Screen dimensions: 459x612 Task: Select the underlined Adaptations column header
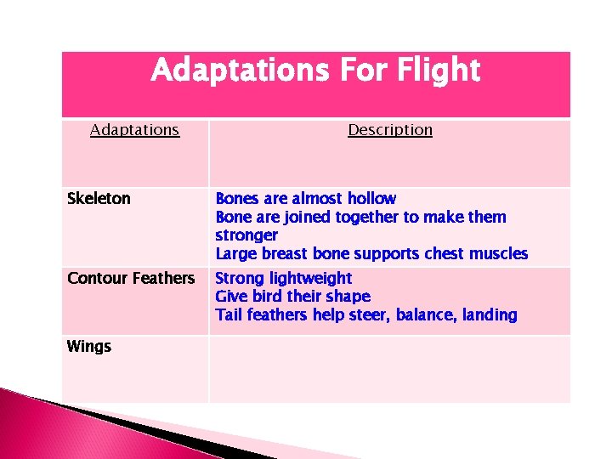pyautogui.click(x=135, y=130)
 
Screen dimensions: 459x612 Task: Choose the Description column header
pyautogui.click(x=390, y=130)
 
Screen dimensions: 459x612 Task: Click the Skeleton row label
pyautogui.click(x=99, y=199)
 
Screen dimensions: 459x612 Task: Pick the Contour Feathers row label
pyautogui.click(x=131, y=278)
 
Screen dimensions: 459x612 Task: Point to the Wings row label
pyautogui.click(x=89, y=346)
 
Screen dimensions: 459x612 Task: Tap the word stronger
pyautogui.click(x=246, y=235)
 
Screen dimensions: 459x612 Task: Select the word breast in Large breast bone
pyautogui.click(x=286, y=254)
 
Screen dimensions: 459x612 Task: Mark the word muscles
pyautogui.click(x=498, y=254)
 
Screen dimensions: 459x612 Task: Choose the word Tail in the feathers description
pyautogui.click(x=229, y=315)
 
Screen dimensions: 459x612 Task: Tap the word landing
pyautogui.click(x=489, y=315)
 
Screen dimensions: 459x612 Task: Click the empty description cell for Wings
pyautogui.click(x=389, y=368)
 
